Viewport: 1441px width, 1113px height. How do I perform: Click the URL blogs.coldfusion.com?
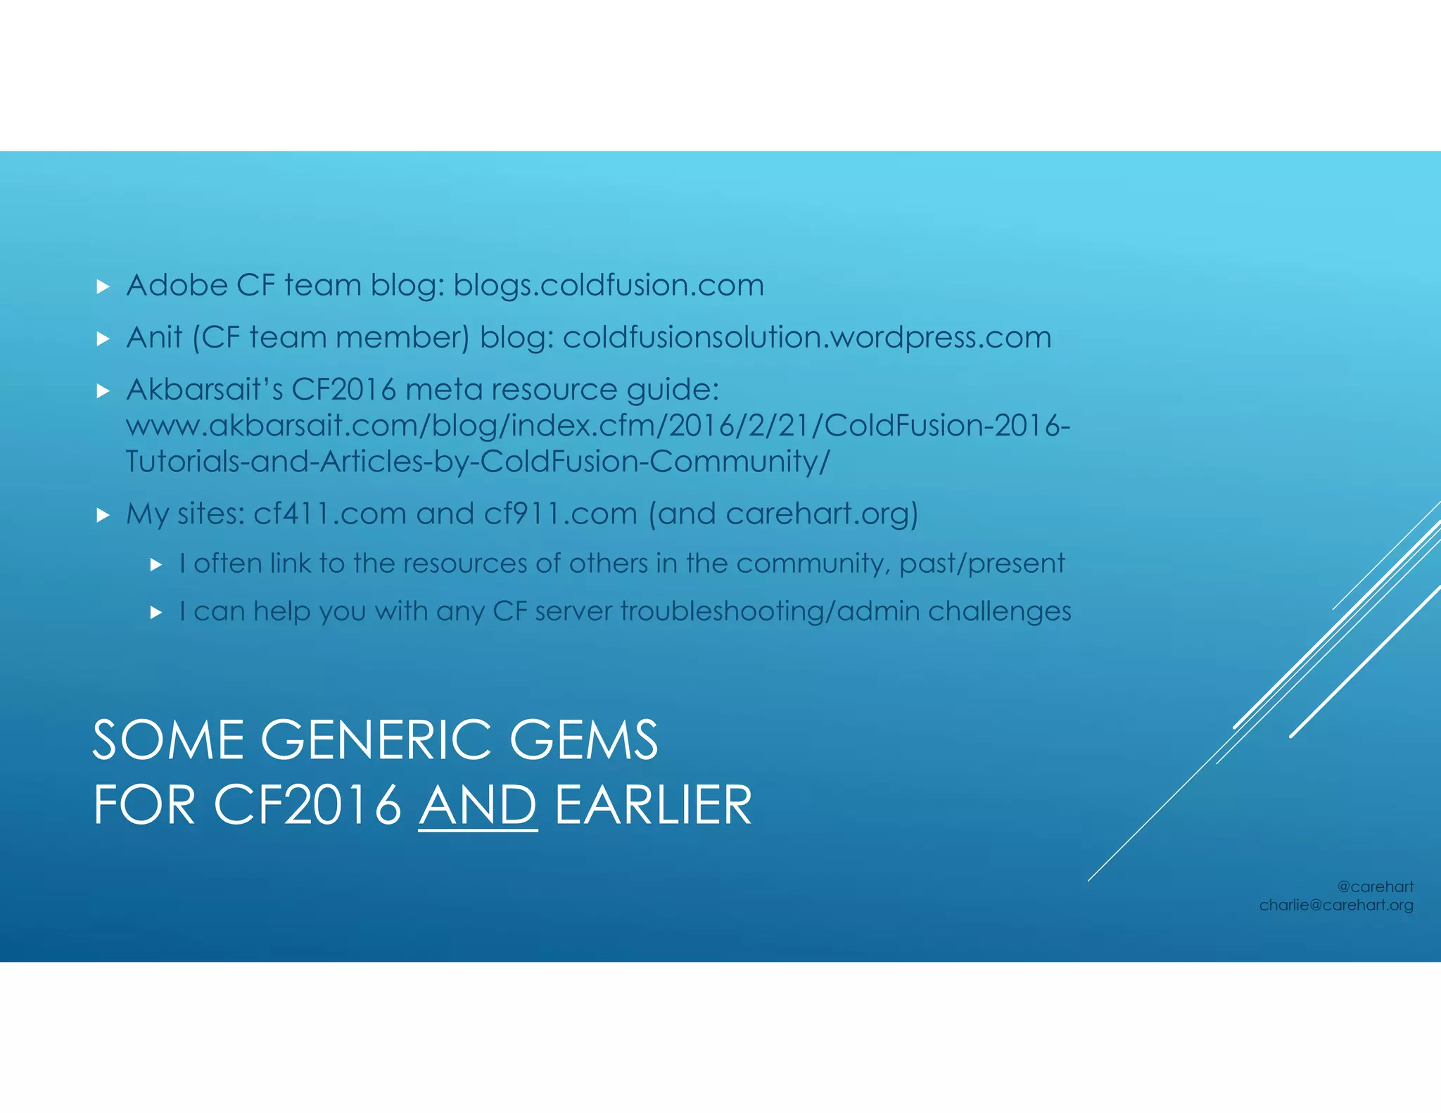point(608,286)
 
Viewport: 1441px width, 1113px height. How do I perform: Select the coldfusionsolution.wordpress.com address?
point(806,338)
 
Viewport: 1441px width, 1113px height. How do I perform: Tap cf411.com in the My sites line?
point(329,514)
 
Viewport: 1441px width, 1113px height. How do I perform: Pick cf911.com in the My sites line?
point(560,514)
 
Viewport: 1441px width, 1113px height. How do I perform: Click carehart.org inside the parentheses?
point(816,514)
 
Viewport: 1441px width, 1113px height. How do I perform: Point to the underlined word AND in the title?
point(478,806)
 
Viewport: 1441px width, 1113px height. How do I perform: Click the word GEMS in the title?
point(583,740)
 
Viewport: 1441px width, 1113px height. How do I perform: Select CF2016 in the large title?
point(307,806)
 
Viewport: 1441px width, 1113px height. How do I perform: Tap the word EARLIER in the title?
point(654,806)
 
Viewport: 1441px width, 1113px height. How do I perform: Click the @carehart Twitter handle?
point(1375,887)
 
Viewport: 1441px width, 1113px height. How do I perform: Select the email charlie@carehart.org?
point(1335,905)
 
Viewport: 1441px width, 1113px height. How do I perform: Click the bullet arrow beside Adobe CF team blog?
point(103,286)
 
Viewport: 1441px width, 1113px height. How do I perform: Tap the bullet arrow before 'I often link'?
point(156,564)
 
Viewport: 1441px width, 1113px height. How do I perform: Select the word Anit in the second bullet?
point(154,338)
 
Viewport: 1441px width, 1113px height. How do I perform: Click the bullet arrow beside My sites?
point(103,516)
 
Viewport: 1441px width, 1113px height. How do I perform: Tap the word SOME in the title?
point(168,740)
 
